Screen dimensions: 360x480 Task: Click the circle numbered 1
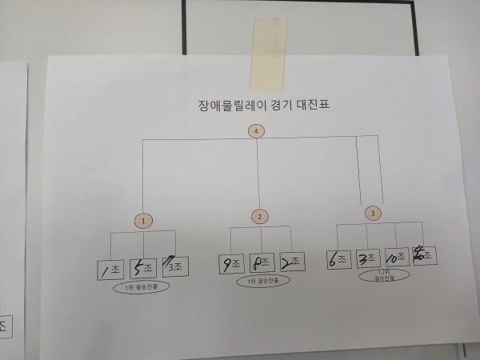click(x=142, y=219)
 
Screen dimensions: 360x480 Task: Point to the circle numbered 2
click(x=260, y=216)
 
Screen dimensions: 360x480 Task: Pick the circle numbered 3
click(x=372, y=213)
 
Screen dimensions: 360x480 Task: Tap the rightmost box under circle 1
click(x=174, y=265)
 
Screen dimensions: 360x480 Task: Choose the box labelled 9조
click(x=230, y=263)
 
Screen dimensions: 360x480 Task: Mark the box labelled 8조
click(x=261, y=263)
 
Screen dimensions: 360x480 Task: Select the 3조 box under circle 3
click(x=366, y=258)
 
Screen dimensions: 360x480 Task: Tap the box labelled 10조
click(x=396, y=258)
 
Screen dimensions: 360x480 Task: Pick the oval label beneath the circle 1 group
click(x=143, y=288)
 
